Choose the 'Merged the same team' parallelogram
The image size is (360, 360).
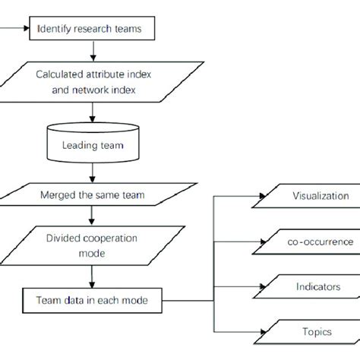click(x=93, y=194)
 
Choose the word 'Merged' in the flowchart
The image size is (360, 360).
click(x=57, y=194)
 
